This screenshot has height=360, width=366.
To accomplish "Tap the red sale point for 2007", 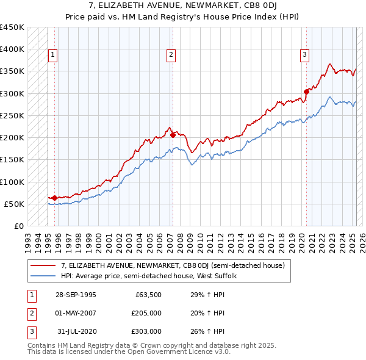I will [173, 135].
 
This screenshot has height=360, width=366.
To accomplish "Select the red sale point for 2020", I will [306, 92].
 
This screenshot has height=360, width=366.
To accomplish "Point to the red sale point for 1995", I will [55, 198].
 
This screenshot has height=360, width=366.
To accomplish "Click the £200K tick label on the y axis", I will [12, 137].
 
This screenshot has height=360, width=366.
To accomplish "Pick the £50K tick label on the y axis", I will [15, 204].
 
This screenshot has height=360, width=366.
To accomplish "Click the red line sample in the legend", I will [43, 265].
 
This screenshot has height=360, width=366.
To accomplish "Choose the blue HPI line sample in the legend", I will [43, 276].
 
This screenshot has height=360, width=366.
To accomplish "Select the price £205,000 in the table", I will [146, 313].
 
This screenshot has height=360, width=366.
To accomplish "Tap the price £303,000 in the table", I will [146, 331].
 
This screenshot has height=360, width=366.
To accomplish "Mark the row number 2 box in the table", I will [30, 313].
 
